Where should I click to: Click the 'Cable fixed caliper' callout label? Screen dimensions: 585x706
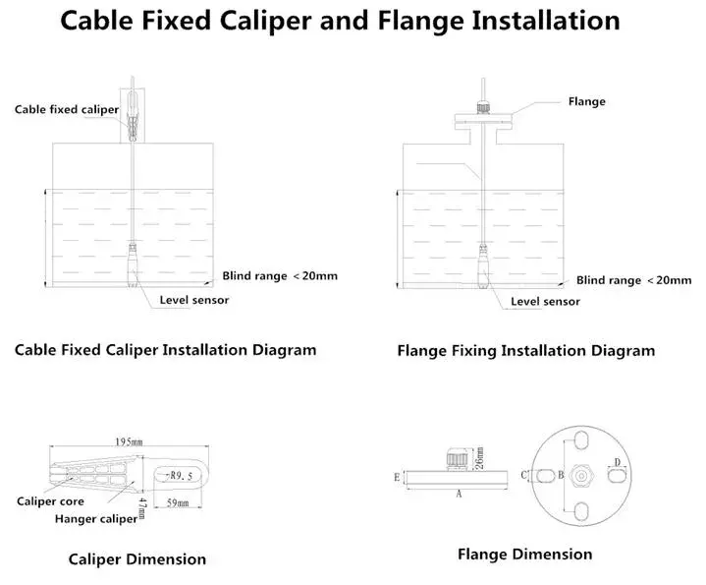[x=66, y=109]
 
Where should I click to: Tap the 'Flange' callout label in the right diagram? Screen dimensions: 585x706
[x=587, y=101]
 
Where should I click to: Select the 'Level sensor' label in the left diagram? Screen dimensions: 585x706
[x=194, y=300]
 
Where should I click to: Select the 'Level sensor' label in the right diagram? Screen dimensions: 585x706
[x=545, y=302]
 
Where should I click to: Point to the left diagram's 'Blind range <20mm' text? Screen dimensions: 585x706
[x=280, y=275]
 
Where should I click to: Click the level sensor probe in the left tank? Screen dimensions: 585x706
[x=133, y=264]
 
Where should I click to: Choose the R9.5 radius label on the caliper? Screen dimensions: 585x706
[x=185, y=475]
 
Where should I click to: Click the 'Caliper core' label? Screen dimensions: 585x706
[x=44, y=500]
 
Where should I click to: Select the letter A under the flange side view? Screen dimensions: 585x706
[x=458, y=497]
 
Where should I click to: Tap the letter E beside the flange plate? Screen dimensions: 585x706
[x=396, y=477]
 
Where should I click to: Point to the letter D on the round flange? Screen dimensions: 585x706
[x=616, y=461]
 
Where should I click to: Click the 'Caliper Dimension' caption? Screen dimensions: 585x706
[x=136, y=559]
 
